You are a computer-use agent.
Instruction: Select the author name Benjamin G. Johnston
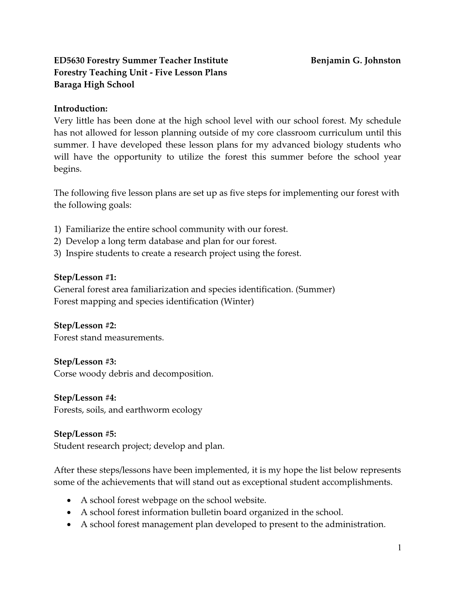click(x=356, y=60)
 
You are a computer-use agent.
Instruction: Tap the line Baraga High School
click(x=94, y=84)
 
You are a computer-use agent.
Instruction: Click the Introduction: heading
click(x=81, y=108)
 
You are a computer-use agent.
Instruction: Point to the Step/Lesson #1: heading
click(x=85, y=277)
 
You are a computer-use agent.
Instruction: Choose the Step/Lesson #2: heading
click(x=85, y=325)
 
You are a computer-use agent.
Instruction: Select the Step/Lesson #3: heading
click(x=85, y=361)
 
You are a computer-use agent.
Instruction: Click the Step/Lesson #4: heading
click(x=85, y=398)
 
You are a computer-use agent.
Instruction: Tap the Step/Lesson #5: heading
click(x=85, y=434)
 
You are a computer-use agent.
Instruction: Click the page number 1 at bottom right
click(x=399, y=548)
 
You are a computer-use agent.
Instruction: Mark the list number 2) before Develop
click(x=57, y=241)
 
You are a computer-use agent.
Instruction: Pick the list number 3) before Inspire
click(x=57, y=253)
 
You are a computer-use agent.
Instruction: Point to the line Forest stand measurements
click(x=109, y=337)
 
